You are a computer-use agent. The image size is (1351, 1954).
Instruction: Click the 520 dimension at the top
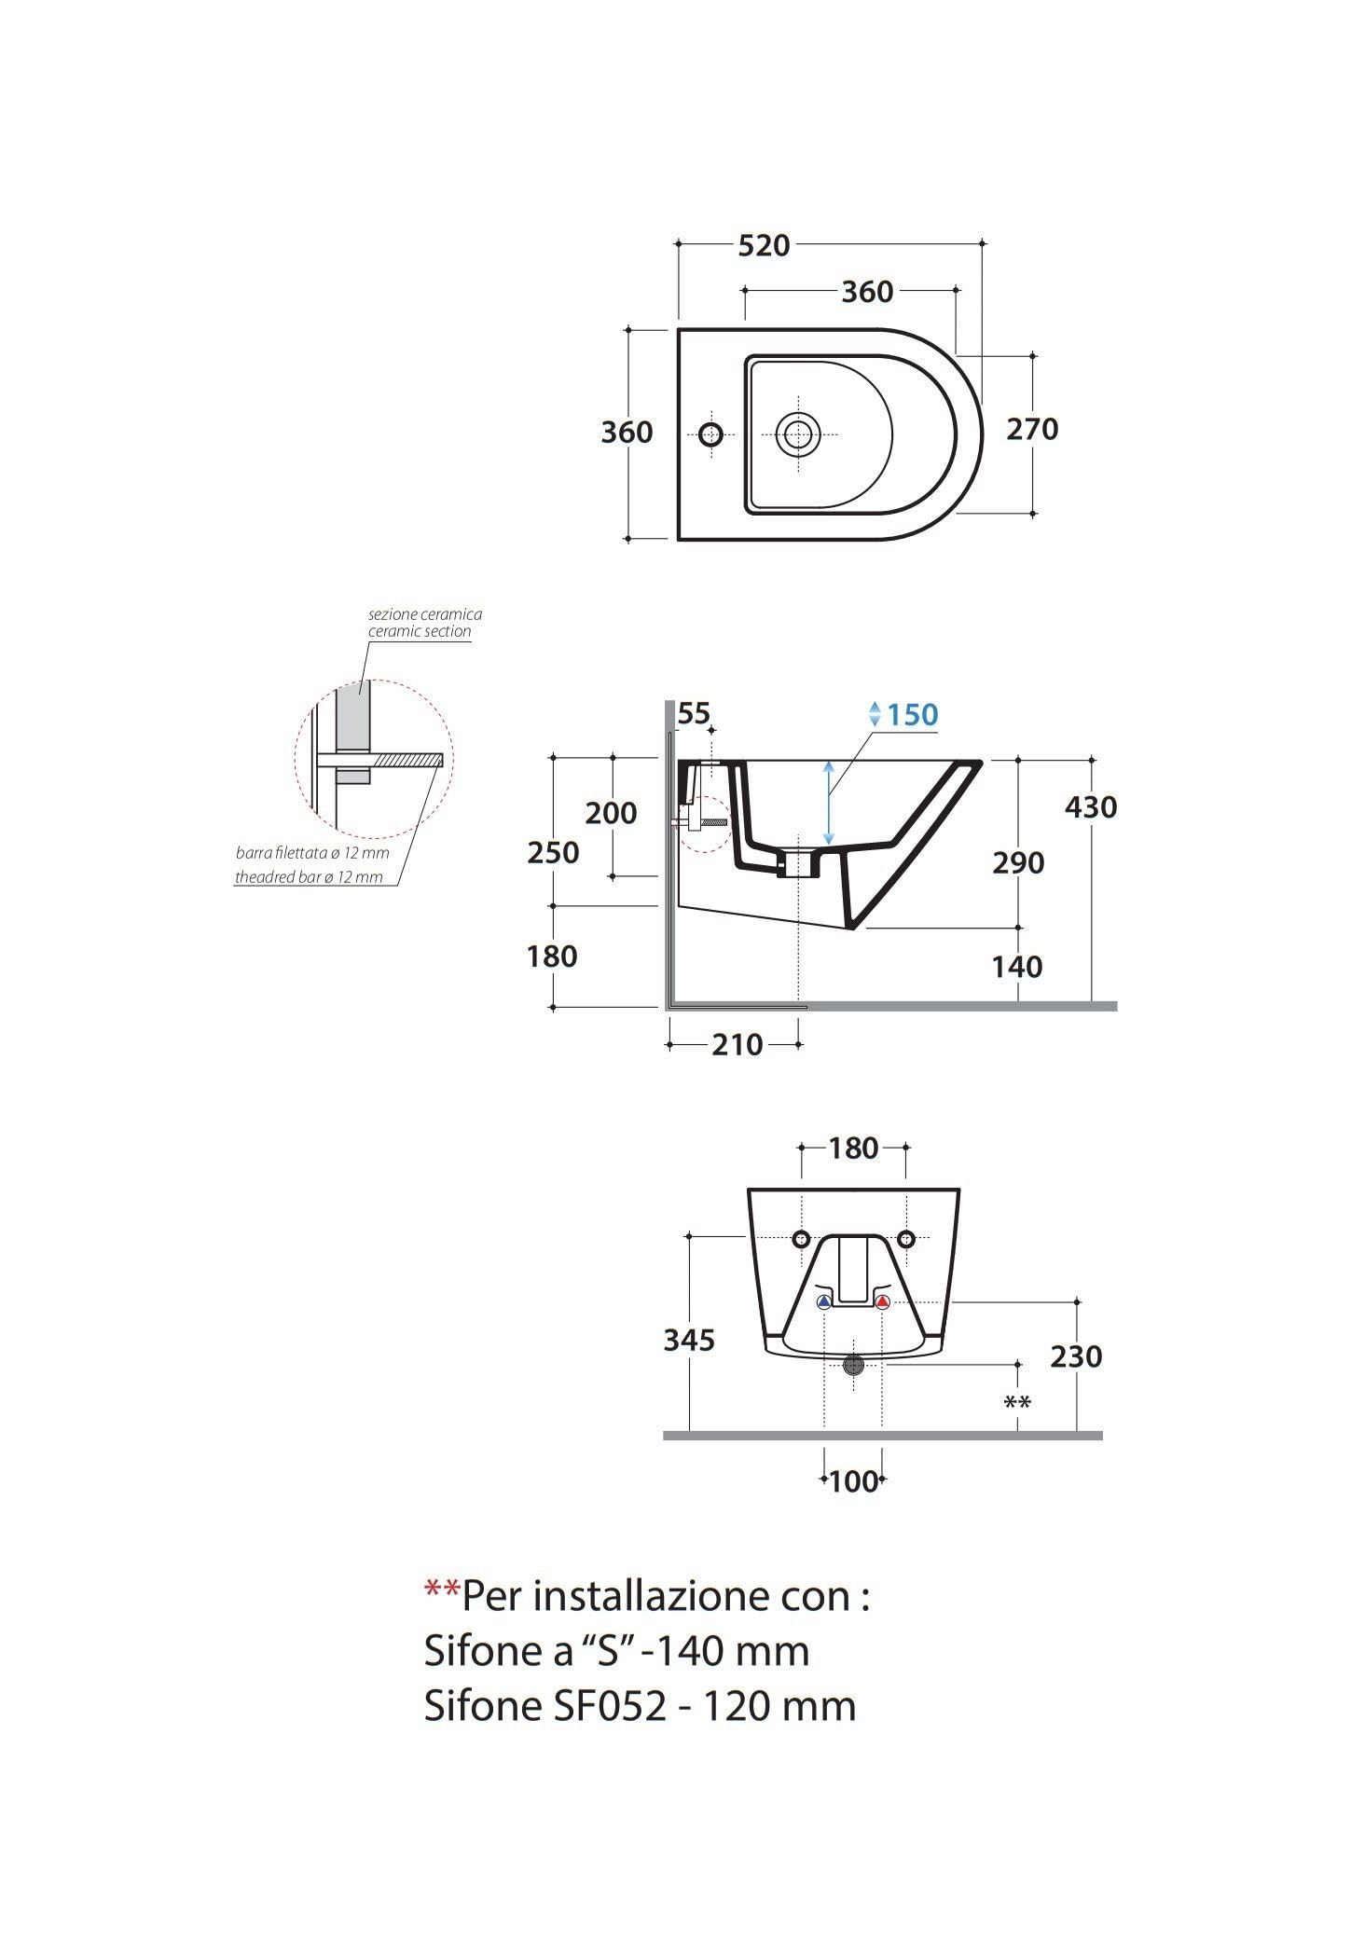tap(764, 245)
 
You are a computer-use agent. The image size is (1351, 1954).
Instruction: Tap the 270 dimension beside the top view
tap(1032, 429)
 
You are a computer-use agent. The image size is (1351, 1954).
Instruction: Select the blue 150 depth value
tap(912, 715)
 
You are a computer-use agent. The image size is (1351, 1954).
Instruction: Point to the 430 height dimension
tap(1091, 806)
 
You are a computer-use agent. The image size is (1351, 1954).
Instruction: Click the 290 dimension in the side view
tap(1018, 862)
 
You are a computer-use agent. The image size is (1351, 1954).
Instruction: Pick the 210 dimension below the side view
tap(738, 1045)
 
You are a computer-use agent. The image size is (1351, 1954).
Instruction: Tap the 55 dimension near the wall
tap(694, 713)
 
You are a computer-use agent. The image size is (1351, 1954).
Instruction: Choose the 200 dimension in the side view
tap(611, 813)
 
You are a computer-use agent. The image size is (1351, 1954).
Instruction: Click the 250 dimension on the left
tap(553, 852)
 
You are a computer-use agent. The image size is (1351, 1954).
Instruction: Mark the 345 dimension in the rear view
tap(689, 1340)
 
